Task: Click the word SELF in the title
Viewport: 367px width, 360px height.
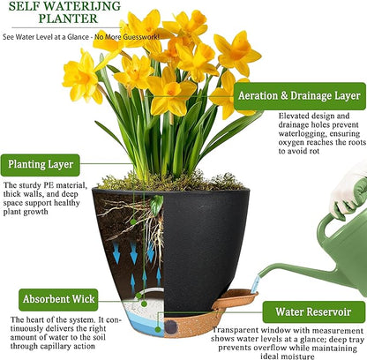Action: click(20, 5)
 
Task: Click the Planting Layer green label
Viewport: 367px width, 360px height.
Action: click(43, 163)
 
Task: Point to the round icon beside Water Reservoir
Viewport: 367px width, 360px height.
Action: click(251, 311)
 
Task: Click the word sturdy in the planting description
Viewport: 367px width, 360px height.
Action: click(33, 184)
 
